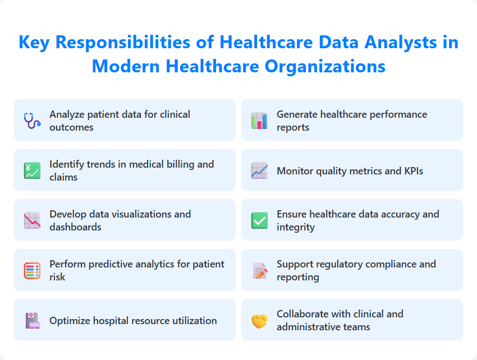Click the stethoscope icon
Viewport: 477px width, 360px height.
(x=32, y=121)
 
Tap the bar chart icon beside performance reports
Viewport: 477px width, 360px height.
(x=259, y=121)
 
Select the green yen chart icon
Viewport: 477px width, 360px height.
(x=32, y=170)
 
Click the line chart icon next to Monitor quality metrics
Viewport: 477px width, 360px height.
(x=259, y=170)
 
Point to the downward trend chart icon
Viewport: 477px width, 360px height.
(x=32, y=220)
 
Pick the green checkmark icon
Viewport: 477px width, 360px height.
(x=259, y=220)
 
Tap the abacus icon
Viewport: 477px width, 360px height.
(x=32, y=270)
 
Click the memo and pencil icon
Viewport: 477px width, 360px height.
(x=259, y=270)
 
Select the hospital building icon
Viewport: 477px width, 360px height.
(x=32, y=320)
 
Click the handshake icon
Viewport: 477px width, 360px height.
(x=259, y=320)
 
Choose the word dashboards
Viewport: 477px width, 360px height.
(x=75, y=227)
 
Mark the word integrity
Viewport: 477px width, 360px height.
(x=295, y=227)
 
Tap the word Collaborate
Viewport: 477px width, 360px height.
(x=302, y=314)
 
